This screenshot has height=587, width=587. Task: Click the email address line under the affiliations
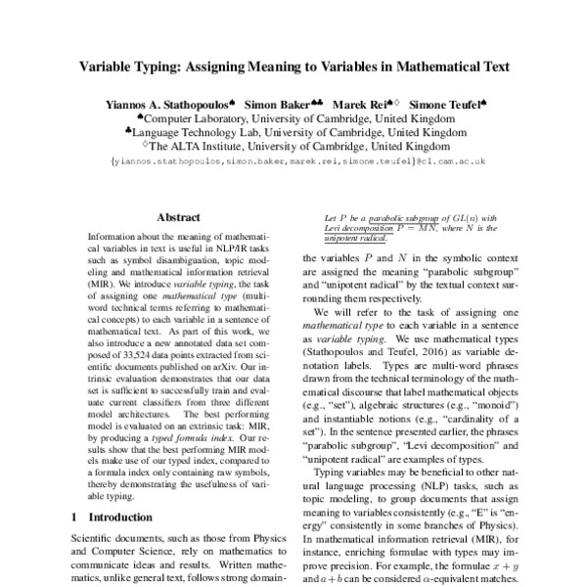click(x=293, y=161)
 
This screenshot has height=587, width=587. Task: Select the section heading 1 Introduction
click(x=114, y=515)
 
